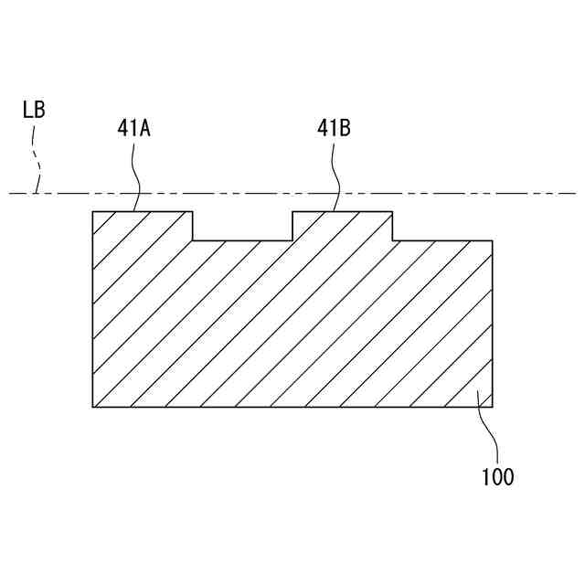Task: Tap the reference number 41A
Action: coord(133,128)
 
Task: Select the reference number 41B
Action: coord(334,128)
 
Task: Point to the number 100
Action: coord(497,476)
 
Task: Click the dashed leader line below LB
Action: coord(37,160)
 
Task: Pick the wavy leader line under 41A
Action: coord(136,174)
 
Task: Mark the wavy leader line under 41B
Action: coord(336,174)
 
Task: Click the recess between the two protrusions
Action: coord(242,239)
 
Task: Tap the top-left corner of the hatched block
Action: coord(93,212)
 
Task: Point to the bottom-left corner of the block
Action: coord(93,407)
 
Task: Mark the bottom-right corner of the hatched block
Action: coord(493,407)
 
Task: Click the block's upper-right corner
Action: coord(493,240)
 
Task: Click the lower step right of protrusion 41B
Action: coord(442,240)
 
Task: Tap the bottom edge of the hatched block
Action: coord(292,407)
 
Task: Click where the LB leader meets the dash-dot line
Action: coord(35,193)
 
